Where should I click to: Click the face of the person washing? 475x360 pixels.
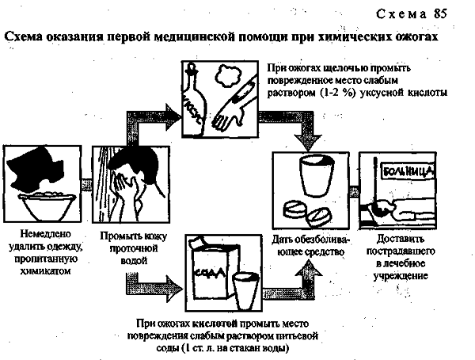click(122, 187)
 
